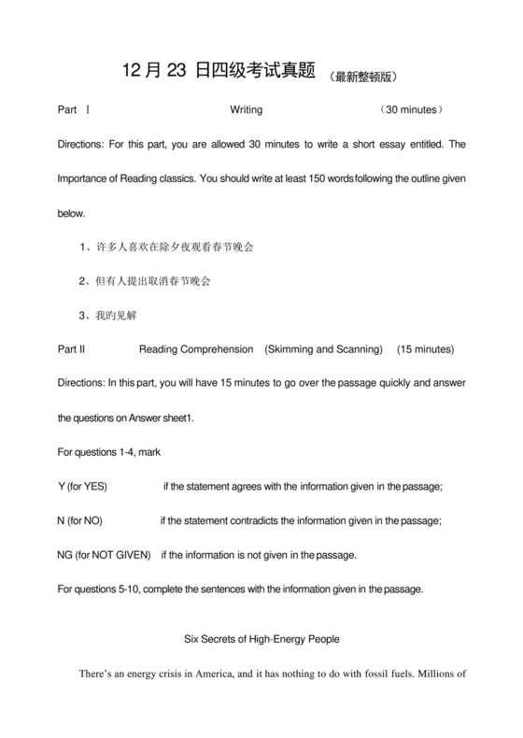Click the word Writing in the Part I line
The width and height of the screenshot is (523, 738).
pos(246,110)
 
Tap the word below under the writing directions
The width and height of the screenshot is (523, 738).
pos(71,213)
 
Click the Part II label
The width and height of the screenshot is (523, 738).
pos(72,349)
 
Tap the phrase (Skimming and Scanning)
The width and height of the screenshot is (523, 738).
pos(323,349)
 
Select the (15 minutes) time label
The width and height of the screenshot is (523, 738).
pos(426,349)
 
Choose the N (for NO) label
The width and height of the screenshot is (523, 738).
pos(80,520)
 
